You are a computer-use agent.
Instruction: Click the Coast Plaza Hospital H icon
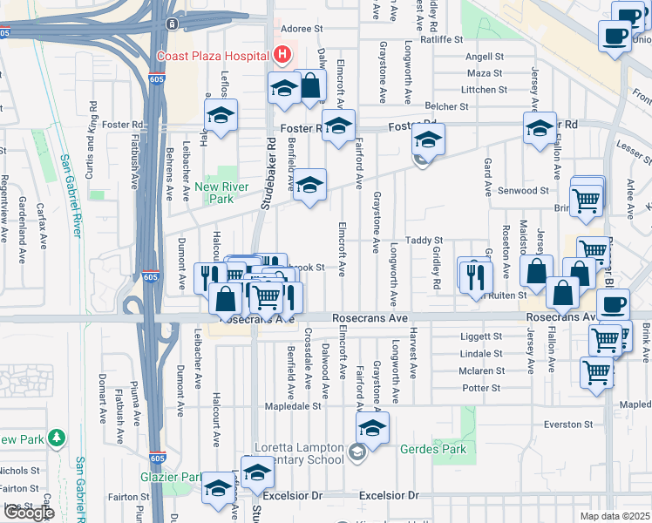click(282, 55)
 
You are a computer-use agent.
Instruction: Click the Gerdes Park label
click(433, 450)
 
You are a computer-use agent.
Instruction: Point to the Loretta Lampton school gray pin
click(357, 452)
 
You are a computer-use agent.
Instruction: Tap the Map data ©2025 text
click(615, 516)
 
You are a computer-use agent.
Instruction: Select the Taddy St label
click(429, 240)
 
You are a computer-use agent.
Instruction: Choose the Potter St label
click(482, 387)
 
